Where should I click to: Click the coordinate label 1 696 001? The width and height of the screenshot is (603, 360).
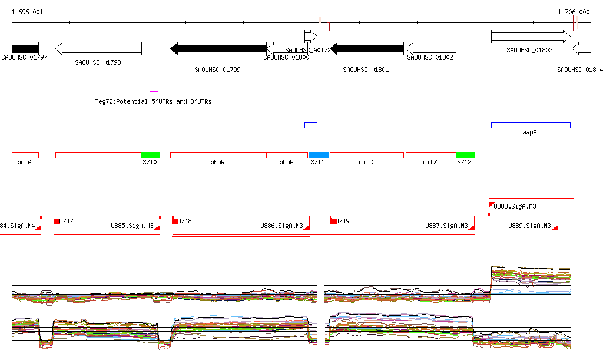tap(27, 12)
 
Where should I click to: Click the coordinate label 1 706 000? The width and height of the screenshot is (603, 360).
tap(574, 12)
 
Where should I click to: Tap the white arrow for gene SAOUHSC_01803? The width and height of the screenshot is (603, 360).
tap(530, 37)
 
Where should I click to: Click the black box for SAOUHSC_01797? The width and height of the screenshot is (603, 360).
tap(25, 48)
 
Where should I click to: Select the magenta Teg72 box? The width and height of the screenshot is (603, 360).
tap(154, 95)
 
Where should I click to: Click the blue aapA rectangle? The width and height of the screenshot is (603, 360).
tap(531, 125)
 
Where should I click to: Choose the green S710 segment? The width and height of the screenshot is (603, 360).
tap(150, 155)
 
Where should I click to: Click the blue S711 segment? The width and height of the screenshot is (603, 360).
tap(319, 155)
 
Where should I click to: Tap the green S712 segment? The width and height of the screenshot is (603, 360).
tap(465, 155)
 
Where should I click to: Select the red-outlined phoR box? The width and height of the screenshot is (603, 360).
tap(218, 155)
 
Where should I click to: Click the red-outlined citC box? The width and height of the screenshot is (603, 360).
tap(366, 155)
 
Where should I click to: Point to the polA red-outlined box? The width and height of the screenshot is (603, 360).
tap(25, 155)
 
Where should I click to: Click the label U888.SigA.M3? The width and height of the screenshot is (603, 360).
tap(515, 206)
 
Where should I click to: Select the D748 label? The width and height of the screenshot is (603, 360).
tap(184, 221)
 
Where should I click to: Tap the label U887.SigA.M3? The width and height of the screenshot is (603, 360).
tap(446, 226)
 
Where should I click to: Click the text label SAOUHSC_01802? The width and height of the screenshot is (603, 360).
tap(430, 58)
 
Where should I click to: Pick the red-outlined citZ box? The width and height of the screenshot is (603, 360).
tap(430, 155)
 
